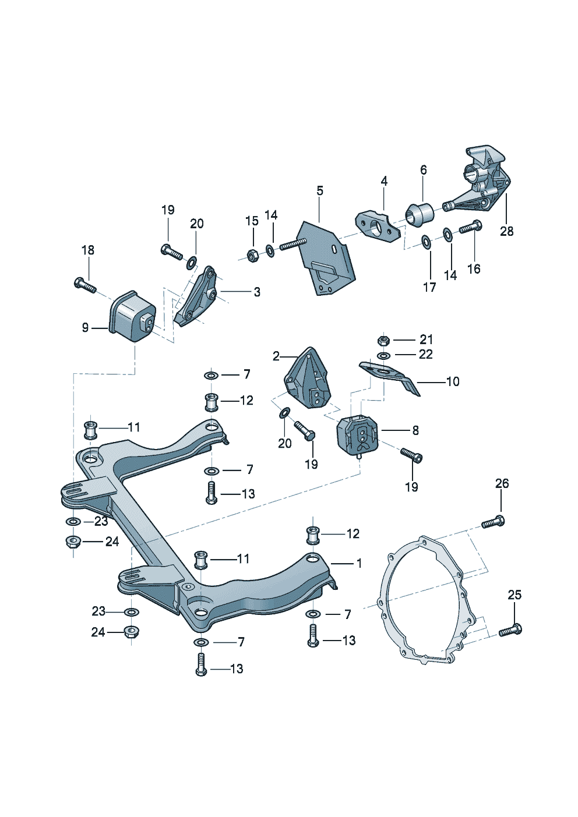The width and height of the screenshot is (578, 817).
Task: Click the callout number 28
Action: click(506, 231)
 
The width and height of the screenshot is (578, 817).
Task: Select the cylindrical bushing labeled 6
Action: click(420, 213)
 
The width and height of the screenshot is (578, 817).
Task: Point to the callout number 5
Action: click(320, 191)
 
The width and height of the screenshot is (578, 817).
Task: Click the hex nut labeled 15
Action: click(253, 254)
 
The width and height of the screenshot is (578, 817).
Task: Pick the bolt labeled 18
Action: click(85, 285)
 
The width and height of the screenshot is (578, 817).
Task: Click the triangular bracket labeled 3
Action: click(196, 297)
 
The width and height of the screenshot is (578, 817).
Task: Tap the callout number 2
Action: click(276, 356)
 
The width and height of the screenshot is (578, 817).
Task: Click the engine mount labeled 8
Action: click(357, 437)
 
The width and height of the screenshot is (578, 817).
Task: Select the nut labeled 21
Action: click(383, 339)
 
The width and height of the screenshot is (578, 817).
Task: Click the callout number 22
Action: click(426, 354)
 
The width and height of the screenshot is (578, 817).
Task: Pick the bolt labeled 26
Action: click(493, 522)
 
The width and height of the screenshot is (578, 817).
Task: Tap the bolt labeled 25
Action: click(510, 630)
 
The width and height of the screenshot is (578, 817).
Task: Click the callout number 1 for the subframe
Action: click(359, 563)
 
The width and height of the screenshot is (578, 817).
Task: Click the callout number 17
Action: click(429, 287)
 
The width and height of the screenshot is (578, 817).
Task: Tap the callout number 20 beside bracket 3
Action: click(197, 224)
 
